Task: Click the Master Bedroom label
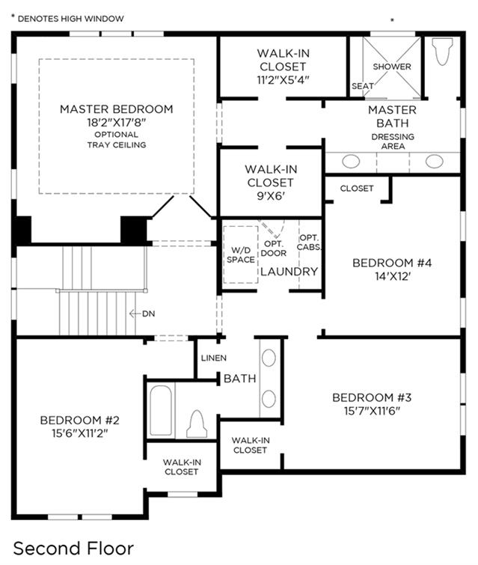117,109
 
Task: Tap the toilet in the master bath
443,51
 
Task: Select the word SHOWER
392,67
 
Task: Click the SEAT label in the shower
362,86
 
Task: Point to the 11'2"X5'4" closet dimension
283,79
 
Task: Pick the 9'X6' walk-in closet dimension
271,195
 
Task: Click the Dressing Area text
393,141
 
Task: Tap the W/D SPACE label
241,254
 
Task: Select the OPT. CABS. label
309,242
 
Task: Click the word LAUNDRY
289,272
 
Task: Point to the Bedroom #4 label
392,263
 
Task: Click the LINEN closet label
214,358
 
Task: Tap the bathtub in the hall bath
161,411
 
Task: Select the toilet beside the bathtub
197,424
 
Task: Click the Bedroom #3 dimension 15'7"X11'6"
372,411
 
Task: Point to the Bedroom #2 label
79,420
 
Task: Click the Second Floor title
73,549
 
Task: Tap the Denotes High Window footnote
68,19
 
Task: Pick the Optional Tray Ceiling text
117,139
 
